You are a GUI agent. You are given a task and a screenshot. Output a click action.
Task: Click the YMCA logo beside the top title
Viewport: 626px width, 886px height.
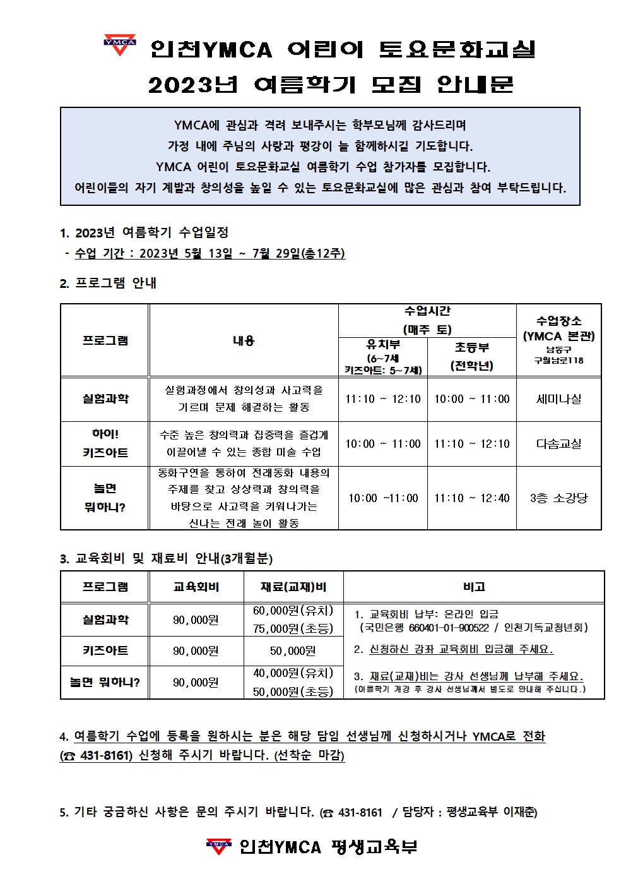pyautogui.click(x=119, y=45)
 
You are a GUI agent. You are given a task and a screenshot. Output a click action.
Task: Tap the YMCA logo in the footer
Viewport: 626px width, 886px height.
pyautogui.click(x=218, y=846)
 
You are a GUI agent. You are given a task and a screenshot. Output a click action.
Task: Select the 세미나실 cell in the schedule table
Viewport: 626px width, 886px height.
pyautogui.click(x=558, y=399)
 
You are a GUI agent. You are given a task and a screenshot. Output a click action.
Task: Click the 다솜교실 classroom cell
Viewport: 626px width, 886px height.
pyautogui.click(x=558, y=444)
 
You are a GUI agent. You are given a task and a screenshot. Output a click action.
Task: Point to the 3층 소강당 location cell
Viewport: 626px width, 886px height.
pyautogui.click(x=558, y=498)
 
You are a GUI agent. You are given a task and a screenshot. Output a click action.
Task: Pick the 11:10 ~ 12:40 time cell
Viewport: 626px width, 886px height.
pyautogui.click(x=471, y=498)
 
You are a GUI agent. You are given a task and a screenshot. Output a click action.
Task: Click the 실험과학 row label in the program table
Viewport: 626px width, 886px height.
pyautogui.click(x=105, y=399)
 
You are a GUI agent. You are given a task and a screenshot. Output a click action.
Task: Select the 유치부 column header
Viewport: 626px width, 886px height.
pyautogui.click(x=383, y=345)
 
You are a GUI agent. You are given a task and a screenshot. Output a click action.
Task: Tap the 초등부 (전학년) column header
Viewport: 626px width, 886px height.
pyautogui.click(x=471, y=356)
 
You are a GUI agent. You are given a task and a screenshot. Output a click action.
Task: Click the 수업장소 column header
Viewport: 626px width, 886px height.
pyautogui.click(x=558, y=321)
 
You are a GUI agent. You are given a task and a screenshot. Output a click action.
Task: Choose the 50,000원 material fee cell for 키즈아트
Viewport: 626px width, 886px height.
pyautogui.click(x=293, y=651)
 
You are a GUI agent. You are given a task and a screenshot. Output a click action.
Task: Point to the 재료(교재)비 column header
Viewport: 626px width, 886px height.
pyautogui.click(x=293, y=587)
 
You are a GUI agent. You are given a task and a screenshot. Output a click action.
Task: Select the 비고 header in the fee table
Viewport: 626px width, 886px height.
pyautogui.click(x=474, y=587)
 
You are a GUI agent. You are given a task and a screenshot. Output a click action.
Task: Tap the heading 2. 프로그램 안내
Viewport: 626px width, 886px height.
pyautogui.click(x=108, y=283)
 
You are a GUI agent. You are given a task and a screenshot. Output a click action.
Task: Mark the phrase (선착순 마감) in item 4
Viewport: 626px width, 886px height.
pyautogui.click(x=309, y=755)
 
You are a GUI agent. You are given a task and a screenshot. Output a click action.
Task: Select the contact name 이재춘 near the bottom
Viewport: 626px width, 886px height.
pyautogui.click(x=519, y=812)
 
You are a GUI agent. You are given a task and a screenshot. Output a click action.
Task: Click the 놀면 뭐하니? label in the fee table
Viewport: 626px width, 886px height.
pyautogui.click(x=105, y=683)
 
